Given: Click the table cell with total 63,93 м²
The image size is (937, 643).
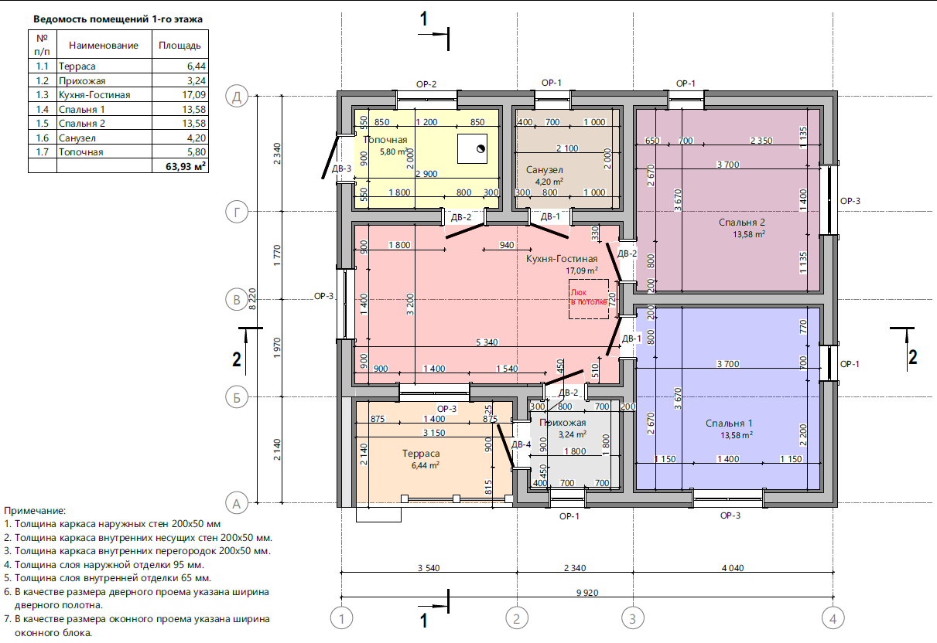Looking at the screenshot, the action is point(180,166).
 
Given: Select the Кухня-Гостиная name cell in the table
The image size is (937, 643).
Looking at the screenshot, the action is point(104,95).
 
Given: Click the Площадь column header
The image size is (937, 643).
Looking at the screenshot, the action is point(180,45).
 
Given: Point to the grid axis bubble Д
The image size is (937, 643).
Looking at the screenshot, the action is point(237,97).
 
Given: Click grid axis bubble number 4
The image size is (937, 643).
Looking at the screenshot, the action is point(833,618).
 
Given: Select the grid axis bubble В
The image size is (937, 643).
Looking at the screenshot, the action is point(237,300).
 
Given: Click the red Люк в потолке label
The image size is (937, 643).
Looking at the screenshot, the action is point(589,298).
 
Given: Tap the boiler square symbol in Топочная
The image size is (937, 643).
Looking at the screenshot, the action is point(472,148).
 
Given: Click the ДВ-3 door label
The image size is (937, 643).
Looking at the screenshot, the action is point(341,168).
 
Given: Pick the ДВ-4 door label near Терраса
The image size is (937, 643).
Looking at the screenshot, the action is point(522,444).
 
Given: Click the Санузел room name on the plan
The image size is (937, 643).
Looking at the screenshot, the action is point(544,169).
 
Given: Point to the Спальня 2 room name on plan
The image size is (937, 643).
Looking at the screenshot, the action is point(742,223).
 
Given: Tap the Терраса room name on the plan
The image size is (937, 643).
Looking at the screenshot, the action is point(421,454).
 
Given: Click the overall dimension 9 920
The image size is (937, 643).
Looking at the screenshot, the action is point(587,593).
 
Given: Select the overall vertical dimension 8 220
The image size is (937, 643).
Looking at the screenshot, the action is point(252,299).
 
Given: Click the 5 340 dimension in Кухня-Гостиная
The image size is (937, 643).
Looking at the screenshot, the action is point(487,342).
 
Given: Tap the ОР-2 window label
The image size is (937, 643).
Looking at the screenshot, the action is point(426,84).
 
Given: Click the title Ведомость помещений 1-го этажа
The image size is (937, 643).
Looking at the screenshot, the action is point(118,19).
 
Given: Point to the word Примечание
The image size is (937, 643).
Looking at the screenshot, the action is point(35,511).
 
